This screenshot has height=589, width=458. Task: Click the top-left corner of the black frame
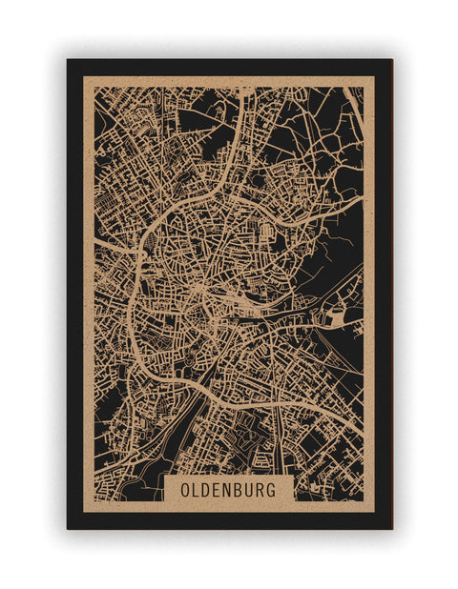pos(68,60)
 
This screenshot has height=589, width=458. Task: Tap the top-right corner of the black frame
pos(391,60)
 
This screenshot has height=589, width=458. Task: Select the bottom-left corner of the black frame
pos(68,528)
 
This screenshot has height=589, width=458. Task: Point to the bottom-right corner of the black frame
pos(391,528)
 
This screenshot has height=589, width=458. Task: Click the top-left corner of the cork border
pos(84,77)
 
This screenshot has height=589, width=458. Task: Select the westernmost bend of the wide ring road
pos(129,310)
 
